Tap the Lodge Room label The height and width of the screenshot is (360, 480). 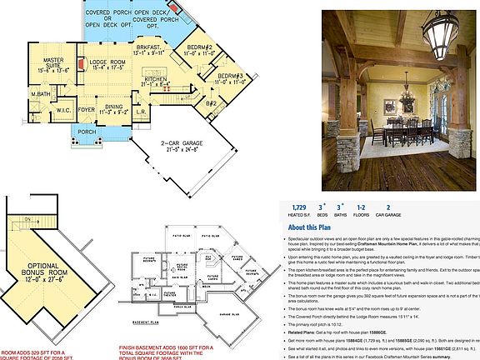(107, 63)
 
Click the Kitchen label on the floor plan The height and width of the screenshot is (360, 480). (157, 78)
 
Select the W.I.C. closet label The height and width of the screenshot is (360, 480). (63, 109)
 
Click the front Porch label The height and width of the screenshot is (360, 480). (87, 132)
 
